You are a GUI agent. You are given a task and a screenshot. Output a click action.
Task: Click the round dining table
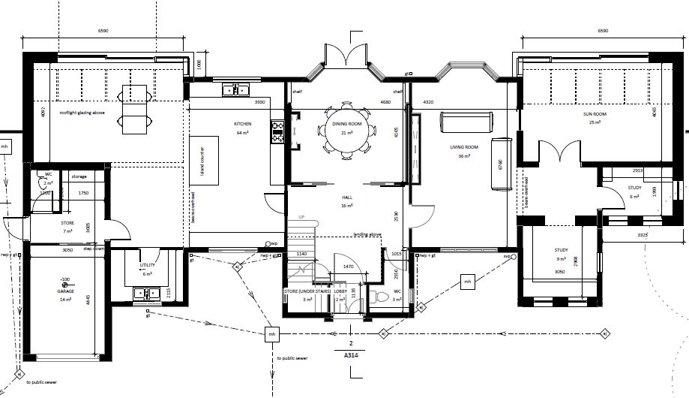(347, 130)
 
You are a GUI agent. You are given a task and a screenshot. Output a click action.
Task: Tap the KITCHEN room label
(242, 123)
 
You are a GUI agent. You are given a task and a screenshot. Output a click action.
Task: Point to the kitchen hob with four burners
(277, 132)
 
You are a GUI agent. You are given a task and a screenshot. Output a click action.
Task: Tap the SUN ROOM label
(595, 114)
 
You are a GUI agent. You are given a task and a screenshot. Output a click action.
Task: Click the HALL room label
(347, 196)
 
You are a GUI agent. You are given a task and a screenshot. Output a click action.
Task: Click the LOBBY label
(340, 291)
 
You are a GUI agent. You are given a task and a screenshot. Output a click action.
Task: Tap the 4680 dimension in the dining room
(386, 101)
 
